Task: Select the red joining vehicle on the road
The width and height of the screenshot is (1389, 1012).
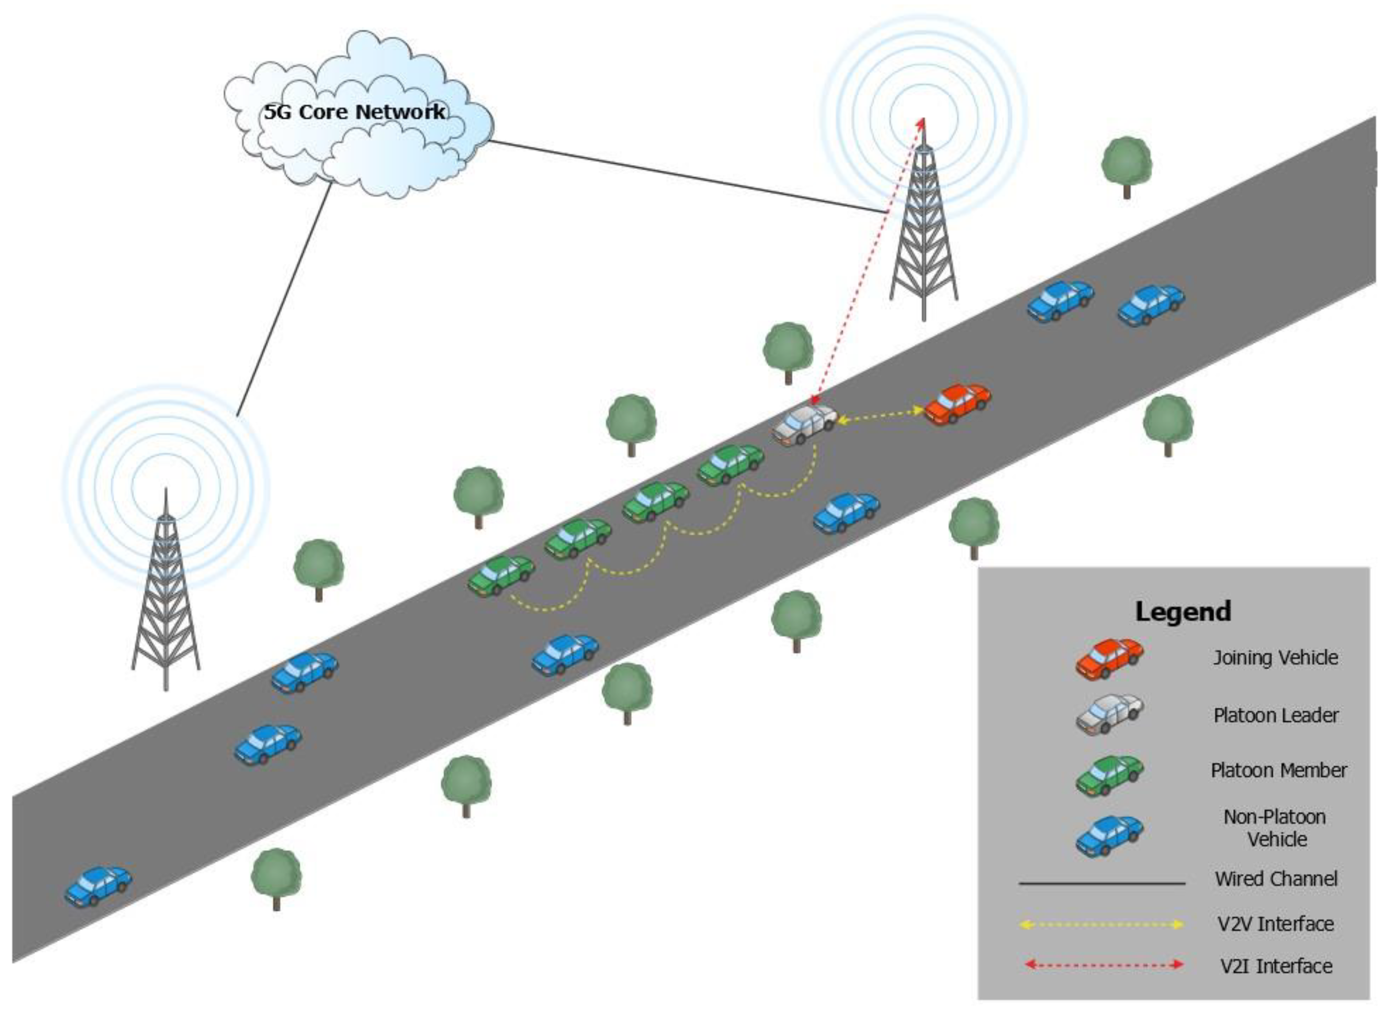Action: click(958, 404)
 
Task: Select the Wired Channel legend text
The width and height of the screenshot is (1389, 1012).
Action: click(1276, 879)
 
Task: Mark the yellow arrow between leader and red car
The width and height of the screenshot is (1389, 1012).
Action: click(881, 415)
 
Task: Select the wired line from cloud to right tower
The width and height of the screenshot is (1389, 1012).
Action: click(686, 176)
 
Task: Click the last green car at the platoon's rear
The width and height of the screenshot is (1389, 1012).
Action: click(500, 575)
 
